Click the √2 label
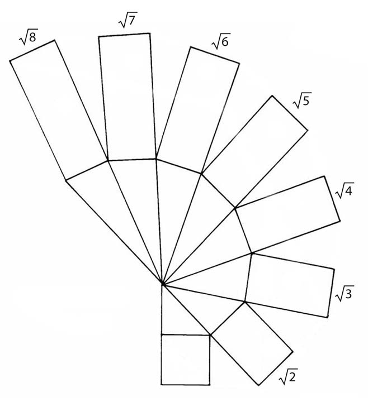[x=288, y=376]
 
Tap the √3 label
[x=345, y=294]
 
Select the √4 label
[x=345, y=190]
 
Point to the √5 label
[x=302, y=100]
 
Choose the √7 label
[x=128, y=20]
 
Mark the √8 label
[x=29, y=37]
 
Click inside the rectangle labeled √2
[x=252, y=343]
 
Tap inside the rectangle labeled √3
[x=289, y=285]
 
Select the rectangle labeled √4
[x=287, y=214]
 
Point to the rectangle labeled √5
[x=254, y=151]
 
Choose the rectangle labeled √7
[x=128, y=97]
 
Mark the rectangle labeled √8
[x=59, y=110]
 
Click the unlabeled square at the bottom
[x=186, y=360]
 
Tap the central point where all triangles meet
[x=162, y=284]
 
